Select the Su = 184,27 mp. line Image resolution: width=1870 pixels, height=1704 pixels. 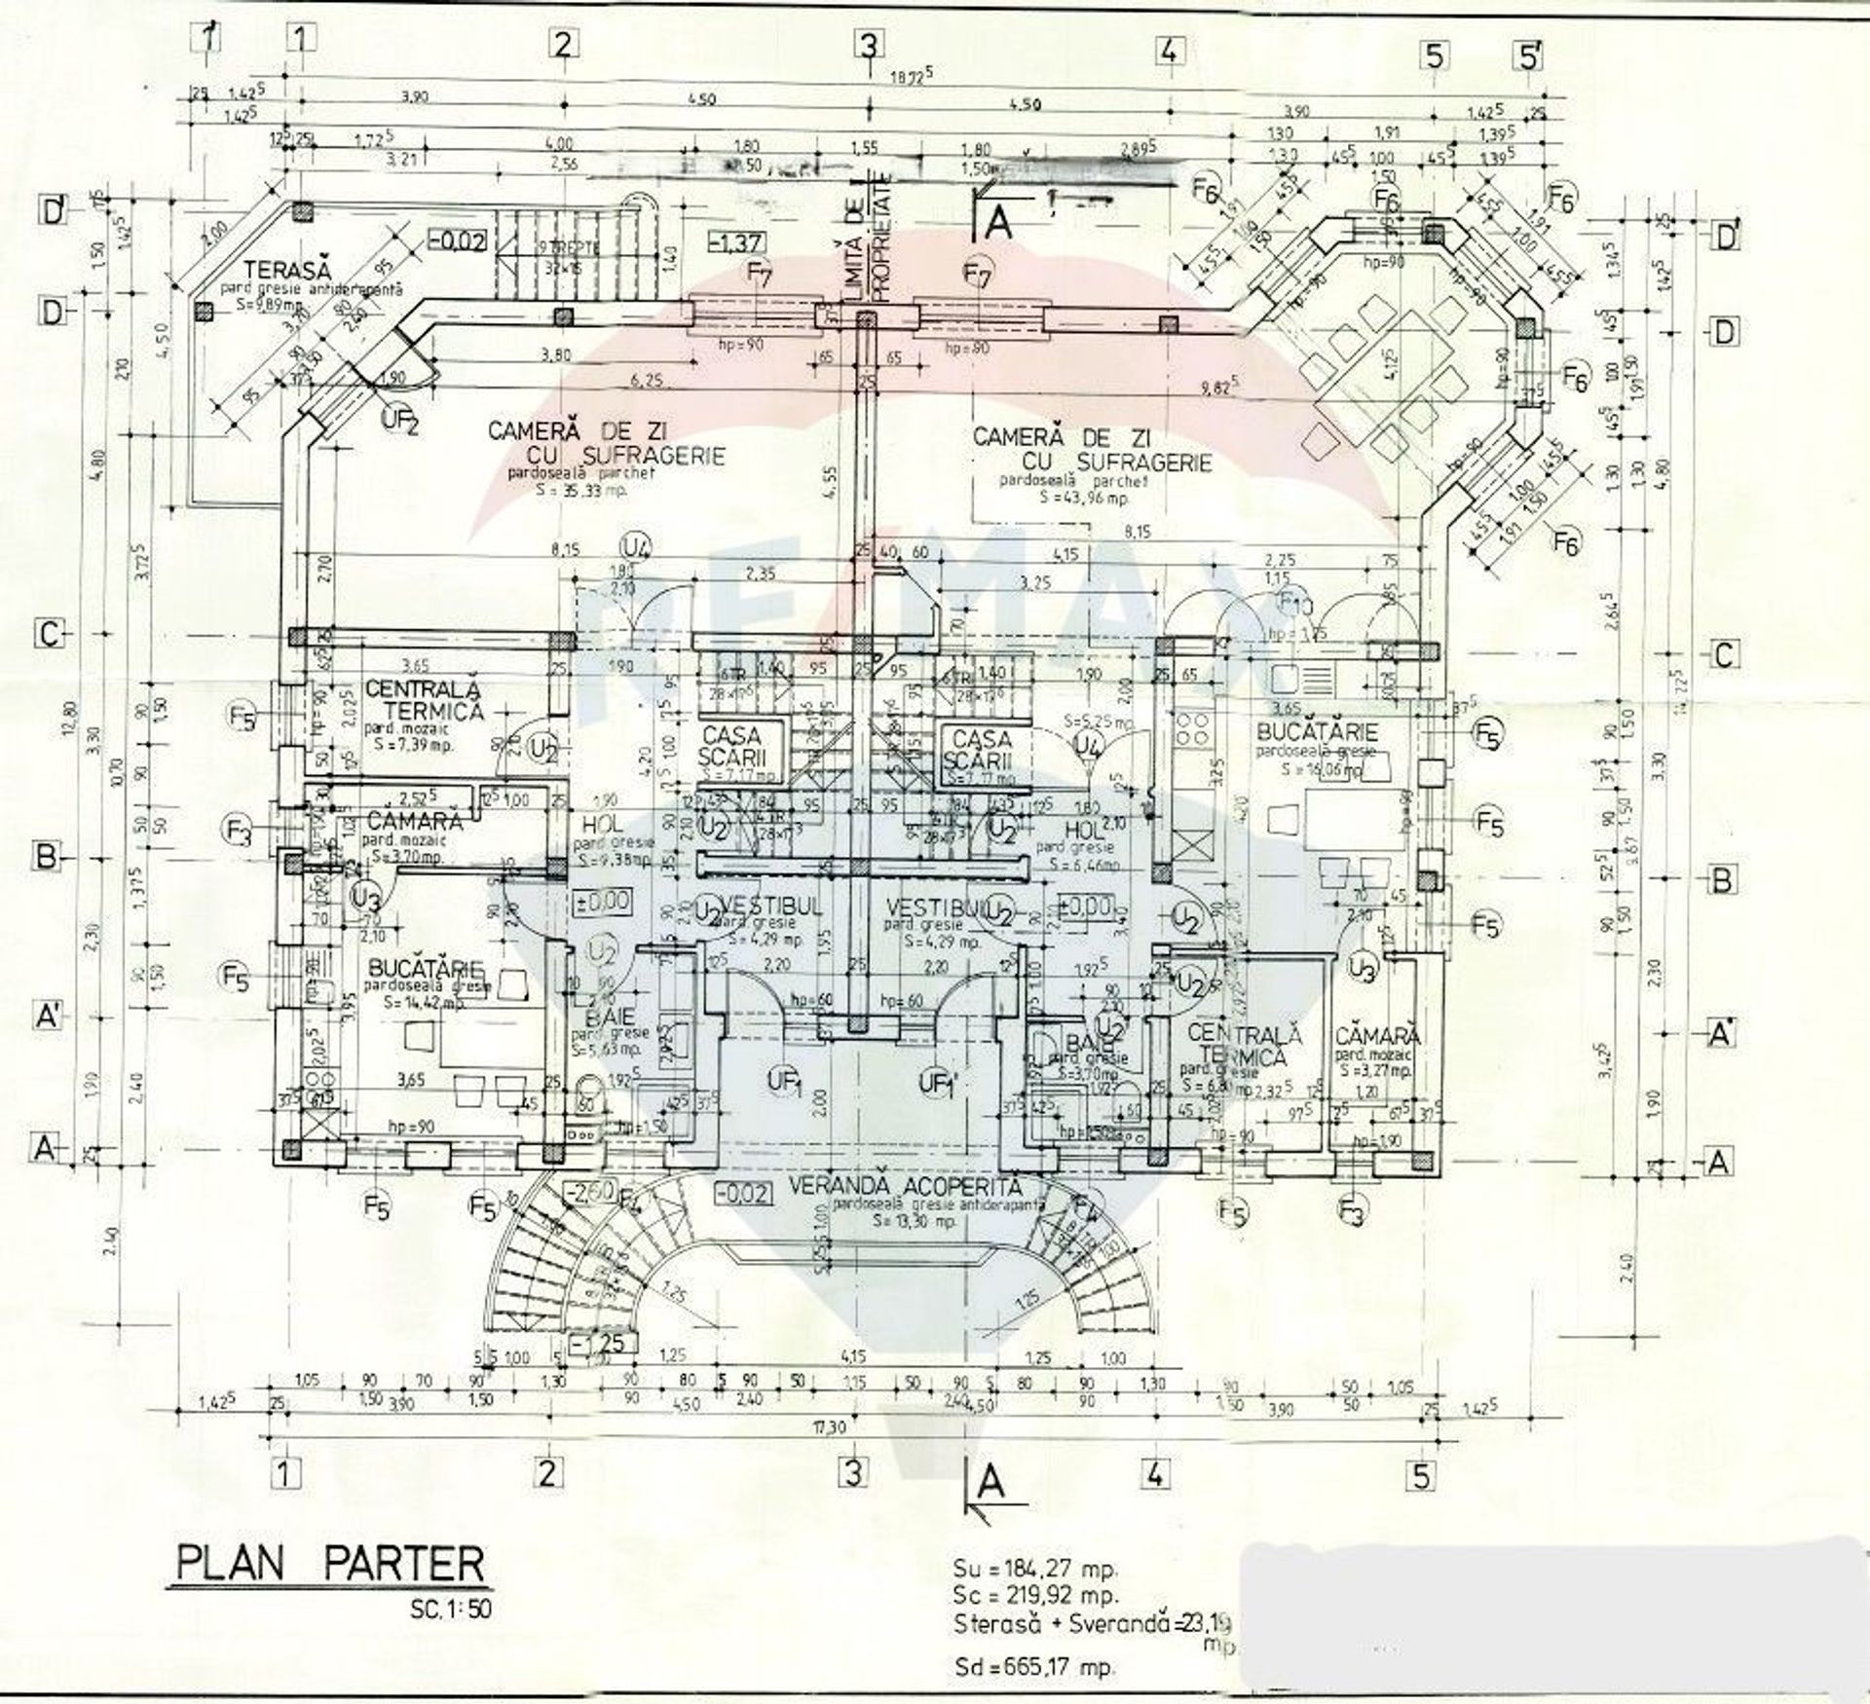click(1036, 1569)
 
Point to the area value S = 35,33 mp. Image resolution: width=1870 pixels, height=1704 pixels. click(581, 492)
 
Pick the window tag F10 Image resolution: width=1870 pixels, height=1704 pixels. click(1296, 604)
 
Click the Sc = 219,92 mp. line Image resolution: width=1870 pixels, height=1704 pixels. click(1036, 1596)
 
